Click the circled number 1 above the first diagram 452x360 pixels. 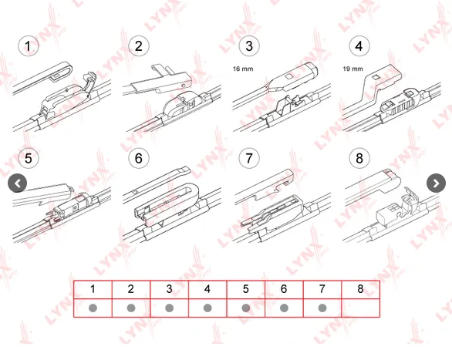(x=29, y=46)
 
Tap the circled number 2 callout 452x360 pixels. (x=139, y=46)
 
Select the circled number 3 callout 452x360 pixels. (x=249, y=46)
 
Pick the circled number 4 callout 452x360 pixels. (x=359, y=46)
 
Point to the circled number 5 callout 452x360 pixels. (x=29, y=158)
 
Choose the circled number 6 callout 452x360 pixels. (x=139, y=158)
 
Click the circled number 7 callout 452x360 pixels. (x=249, y=158)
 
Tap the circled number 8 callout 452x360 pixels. (x=359, y=158)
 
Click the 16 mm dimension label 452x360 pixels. (x=243, y=69)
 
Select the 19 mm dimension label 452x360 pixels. (x=352, y=69)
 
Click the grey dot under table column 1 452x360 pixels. (x=93, y=308)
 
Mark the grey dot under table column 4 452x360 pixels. (x=207, y=308)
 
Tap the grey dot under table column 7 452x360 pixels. (x=322, y=308)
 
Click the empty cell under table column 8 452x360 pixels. (x=361, y=308)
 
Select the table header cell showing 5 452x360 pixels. (x=246, y=290)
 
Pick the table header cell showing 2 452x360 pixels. (x=131, y=290)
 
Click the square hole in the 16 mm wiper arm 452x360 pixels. (x=289, y=76)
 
